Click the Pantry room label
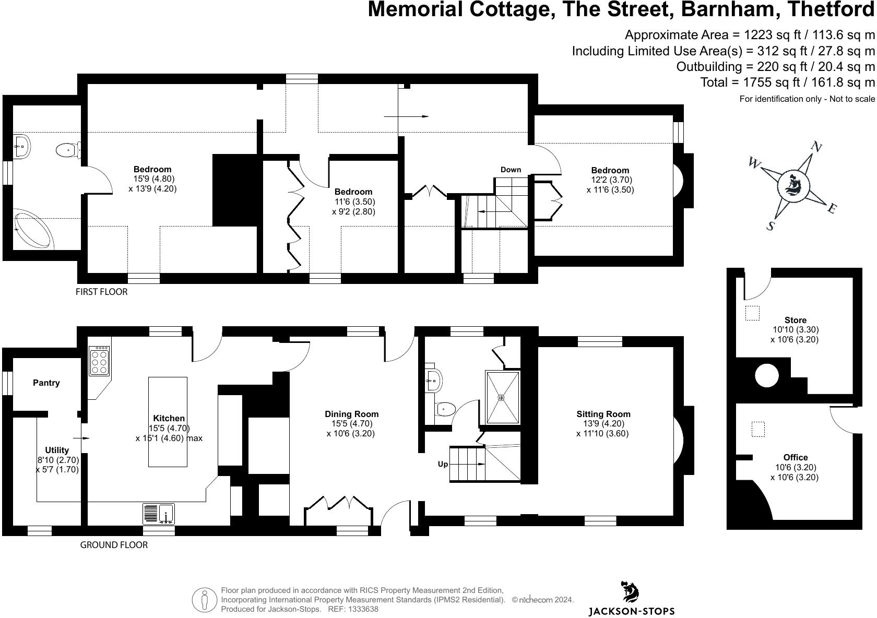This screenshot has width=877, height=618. [x=46, y=383]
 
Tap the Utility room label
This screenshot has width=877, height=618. [x=57, y=450]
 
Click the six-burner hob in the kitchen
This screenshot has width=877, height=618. [x=99, y=361]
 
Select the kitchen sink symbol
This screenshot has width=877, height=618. [x=159, y=514]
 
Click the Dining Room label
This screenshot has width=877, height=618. [x=351, y=414]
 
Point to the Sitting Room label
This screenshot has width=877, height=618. [x=603, y=414]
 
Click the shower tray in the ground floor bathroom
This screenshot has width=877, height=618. [x=502, y=397]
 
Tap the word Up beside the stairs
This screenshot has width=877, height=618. [x=443, y=464]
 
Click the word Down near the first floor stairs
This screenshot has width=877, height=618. [x=511, y=170]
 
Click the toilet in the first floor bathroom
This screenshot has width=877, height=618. [x=67, y=150]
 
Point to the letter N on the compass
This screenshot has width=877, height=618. [x=815, y=148]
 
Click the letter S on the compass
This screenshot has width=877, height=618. [x=770, y=226]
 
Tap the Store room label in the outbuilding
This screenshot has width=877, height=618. [x=795, y=320]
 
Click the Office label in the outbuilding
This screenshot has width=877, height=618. [x=795, y=457]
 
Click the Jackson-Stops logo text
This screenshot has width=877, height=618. [x=631, y=611]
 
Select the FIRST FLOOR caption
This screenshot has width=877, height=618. [x=101, y=292]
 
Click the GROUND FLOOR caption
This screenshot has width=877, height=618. [x=113, y=545]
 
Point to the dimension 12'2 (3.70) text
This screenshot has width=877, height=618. [x=610, y=180]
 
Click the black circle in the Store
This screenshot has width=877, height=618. [x=767, y=375]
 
